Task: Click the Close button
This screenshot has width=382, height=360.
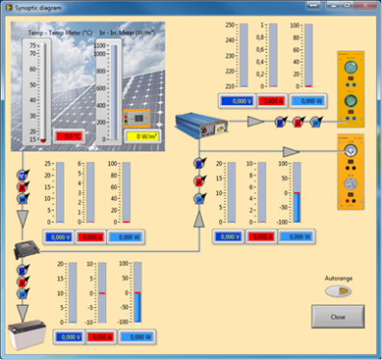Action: [337, 316]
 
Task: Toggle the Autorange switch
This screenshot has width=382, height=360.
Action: [337, 291]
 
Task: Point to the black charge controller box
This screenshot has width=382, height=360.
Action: [29, 248]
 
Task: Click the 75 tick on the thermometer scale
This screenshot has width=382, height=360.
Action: [34, 45]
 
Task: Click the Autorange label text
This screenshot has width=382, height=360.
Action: [337, 277]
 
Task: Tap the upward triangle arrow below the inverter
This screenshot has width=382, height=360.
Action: [199, 220]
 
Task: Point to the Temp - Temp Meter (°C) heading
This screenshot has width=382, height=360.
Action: [56, 33]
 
